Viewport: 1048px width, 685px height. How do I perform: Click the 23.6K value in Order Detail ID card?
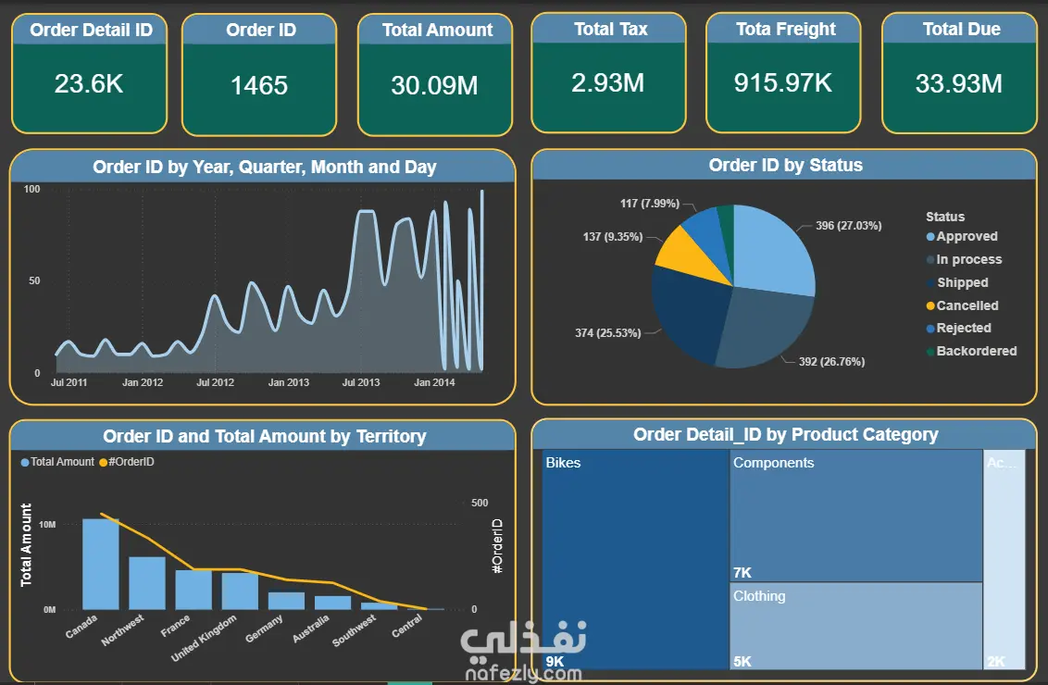point(89,84)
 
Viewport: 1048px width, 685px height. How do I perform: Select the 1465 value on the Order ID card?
point(259,85)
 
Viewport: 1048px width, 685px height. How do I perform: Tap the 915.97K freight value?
point(782,83)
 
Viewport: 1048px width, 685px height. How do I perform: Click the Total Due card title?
point(961,30)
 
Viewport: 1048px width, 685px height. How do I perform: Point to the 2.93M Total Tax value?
point(607,83)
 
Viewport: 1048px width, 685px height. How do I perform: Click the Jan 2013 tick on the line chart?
point(289,382)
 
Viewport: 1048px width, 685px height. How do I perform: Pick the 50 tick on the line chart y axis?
point(34,280)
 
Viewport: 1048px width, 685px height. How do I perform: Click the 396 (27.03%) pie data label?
point(848,226)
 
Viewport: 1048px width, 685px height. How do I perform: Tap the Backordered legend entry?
point(971,352)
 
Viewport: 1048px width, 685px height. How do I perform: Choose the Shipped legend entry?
point(957,282)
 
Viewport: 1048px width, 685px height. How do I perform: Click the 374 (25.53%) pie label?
point(607,333)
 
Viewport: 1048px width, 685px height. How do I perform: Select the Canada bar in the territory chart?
point(101,564)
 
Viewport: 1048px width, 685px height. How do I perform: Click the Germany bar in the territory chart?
point(286,601)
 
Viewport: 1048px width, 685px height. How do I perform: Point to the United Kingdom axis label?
point(204,638)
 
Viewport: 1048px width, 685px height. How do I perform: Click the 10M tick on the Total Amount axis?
point(47,525)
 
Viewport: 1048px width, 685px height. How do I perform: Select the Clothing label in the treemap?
point(759,596)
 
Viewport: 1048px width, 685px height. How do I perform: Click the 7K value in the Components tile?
point(742,573)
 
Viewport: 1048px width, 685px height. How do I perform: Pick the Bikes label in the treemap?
point(563,463)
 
